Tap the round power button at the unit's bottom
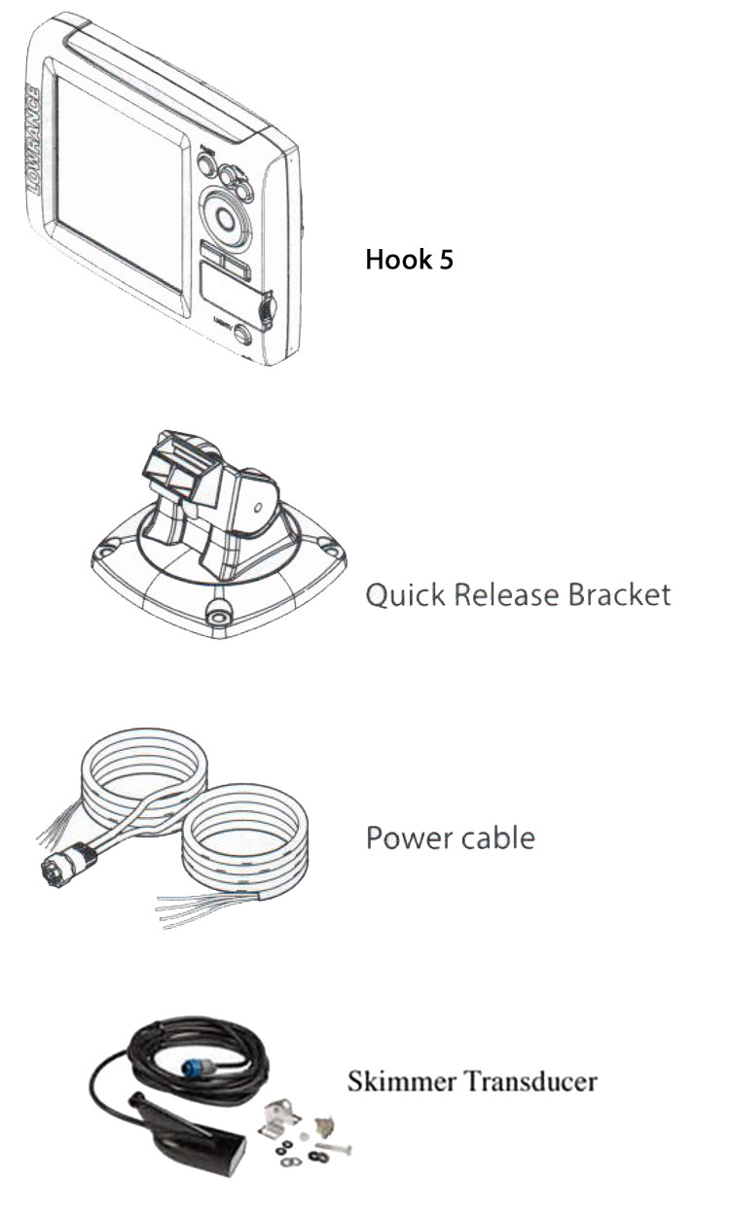241,336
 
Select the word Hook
397,260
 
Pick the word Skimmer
394,1081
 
